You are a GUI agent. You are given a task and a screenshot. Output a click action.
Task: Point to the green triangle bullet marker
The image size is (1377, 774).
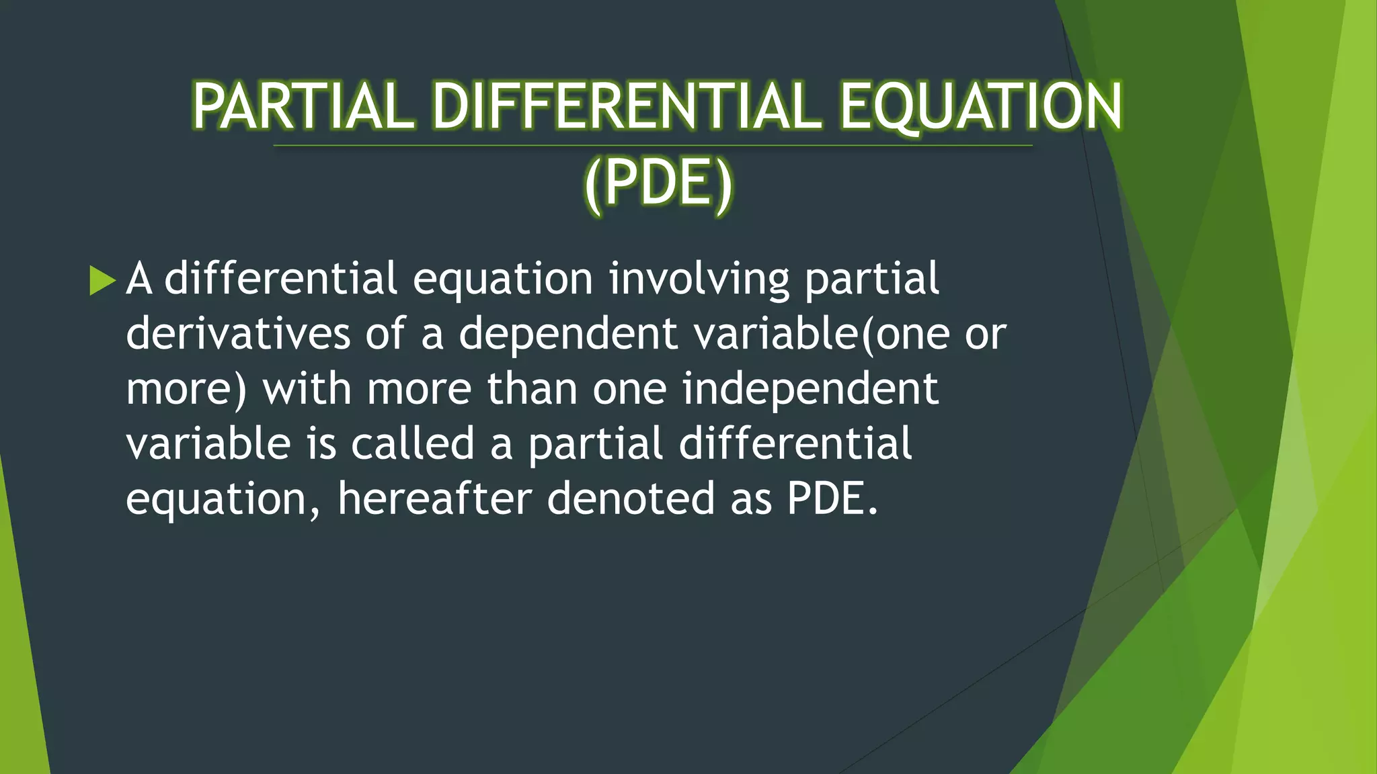click(102, 280)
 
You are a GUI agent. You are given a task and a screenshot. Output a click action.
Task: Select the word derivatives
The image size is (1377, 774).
click(238, 334)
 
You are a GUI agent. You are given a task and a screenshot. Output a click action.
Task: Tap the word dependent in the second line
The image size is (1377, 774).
click(568, 334)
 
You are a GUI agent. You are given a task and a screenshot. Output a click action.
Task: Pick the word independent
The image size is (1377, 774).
click(810, 389)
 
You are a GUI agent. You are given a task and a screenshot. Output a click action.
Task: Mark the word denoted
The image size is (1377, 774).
click(631, 499)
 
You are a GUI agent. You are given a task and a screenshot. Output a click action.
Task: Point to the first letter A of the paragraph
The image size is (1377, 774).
click(139, 279)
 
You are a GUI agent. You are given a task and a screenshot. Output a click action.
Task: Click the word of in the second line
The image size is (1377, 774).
click(385, 334)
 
